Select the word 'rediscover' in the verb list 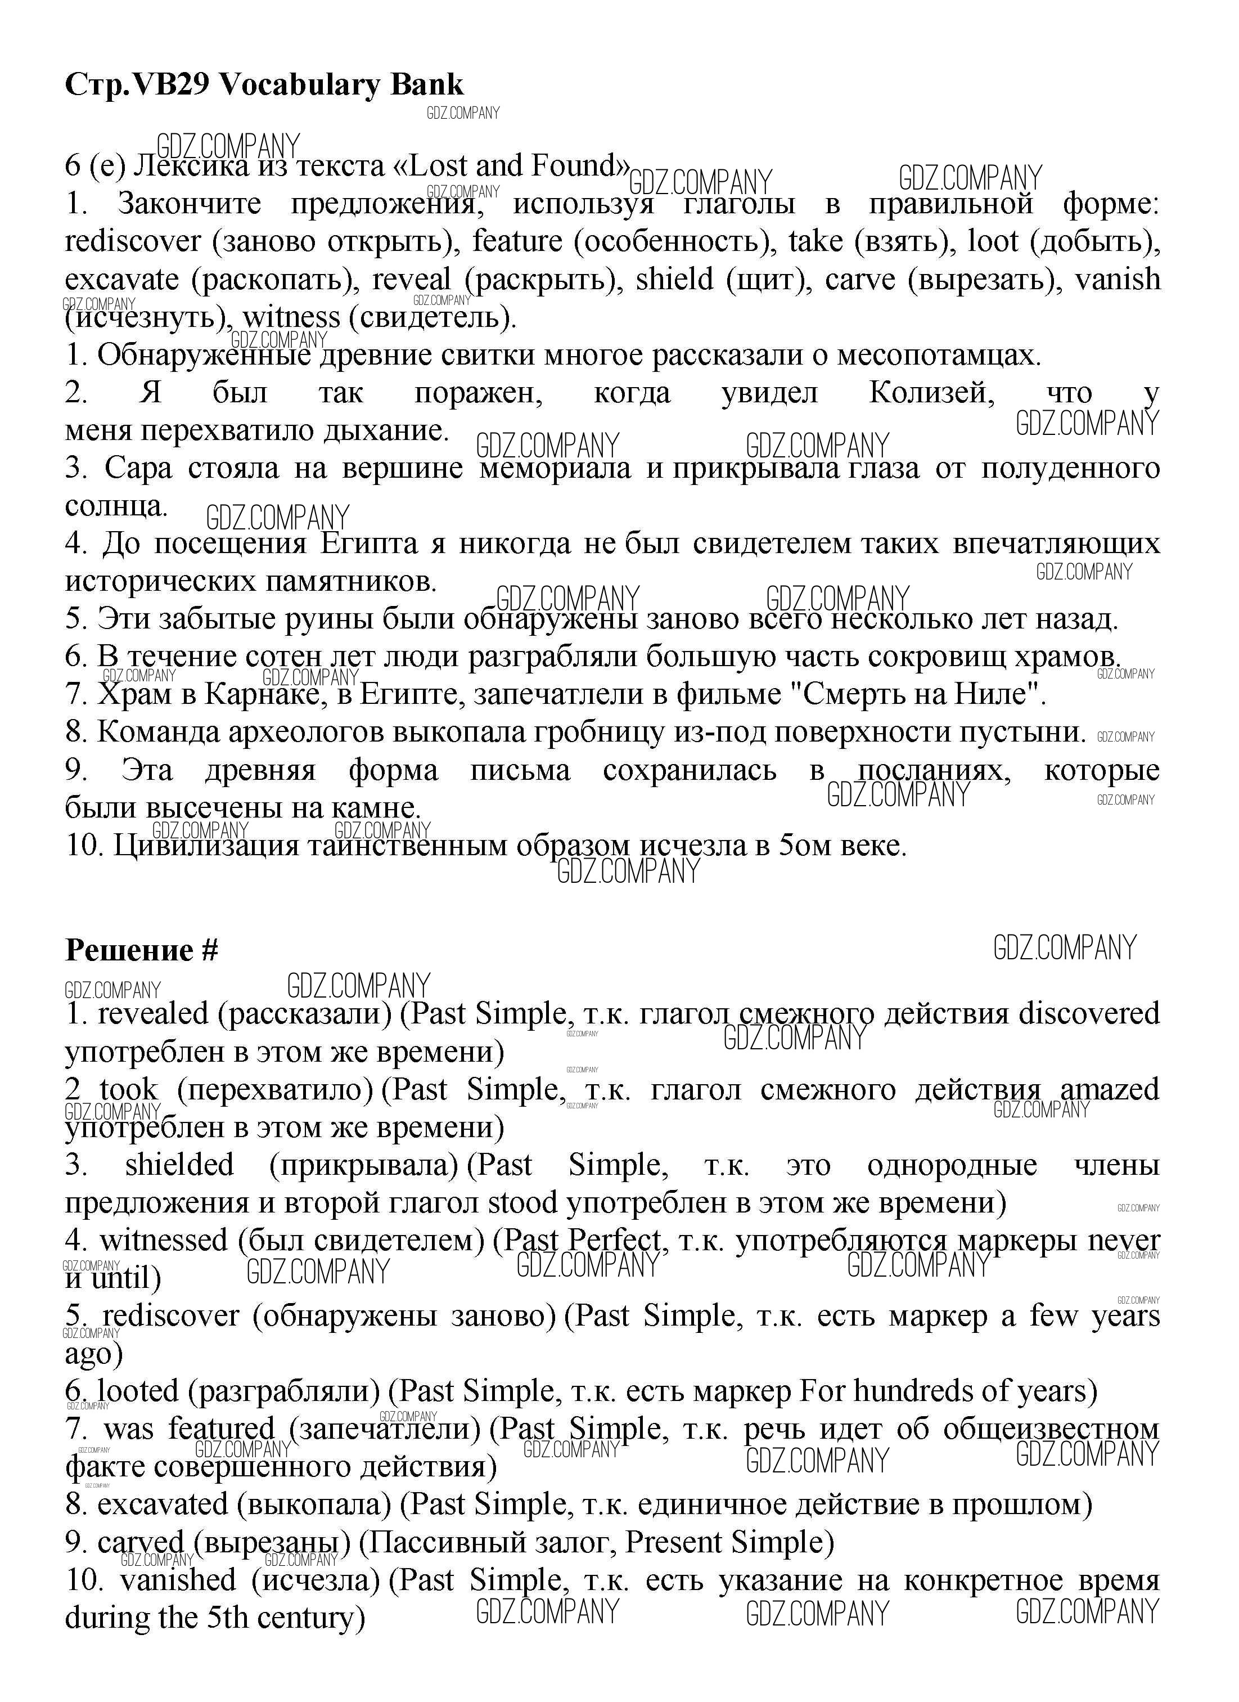pos(133,241)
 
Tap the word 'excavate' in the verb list pos(121,280)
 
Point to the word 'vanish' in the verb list pos(1117,280)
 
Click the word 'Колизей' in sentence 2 pos(931,393)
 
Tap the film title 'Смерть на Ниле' pos(920,695)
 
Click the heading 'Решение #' pos(142,951)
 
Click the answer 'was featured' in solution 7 pos(189,1429)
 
